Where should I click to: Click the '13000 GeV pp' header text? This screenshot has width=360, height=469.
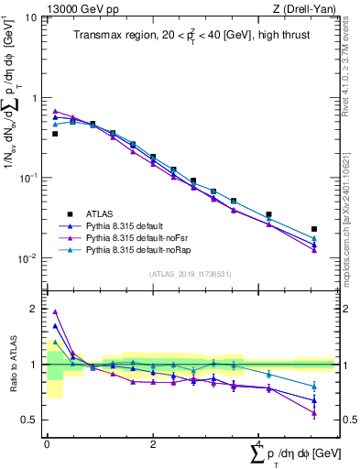[x=80, y=8]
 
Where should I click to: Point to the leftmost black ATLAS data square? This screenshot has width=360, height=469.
[x=55, y=134]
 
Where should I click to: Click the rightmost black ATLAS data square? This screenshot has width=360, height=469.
[x=314, y=229]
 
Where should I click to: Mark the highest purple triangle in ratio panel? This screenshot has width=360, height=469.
[x=55, y=311]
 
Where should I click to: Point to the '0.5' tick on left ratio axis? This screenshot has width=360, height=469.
[x=29, y=420]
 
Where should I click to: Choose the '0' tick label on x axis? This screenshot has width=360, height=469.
[x=47, y=443]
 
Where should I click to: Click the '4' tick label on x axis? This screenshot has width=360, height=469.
[x=259, y=443]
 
